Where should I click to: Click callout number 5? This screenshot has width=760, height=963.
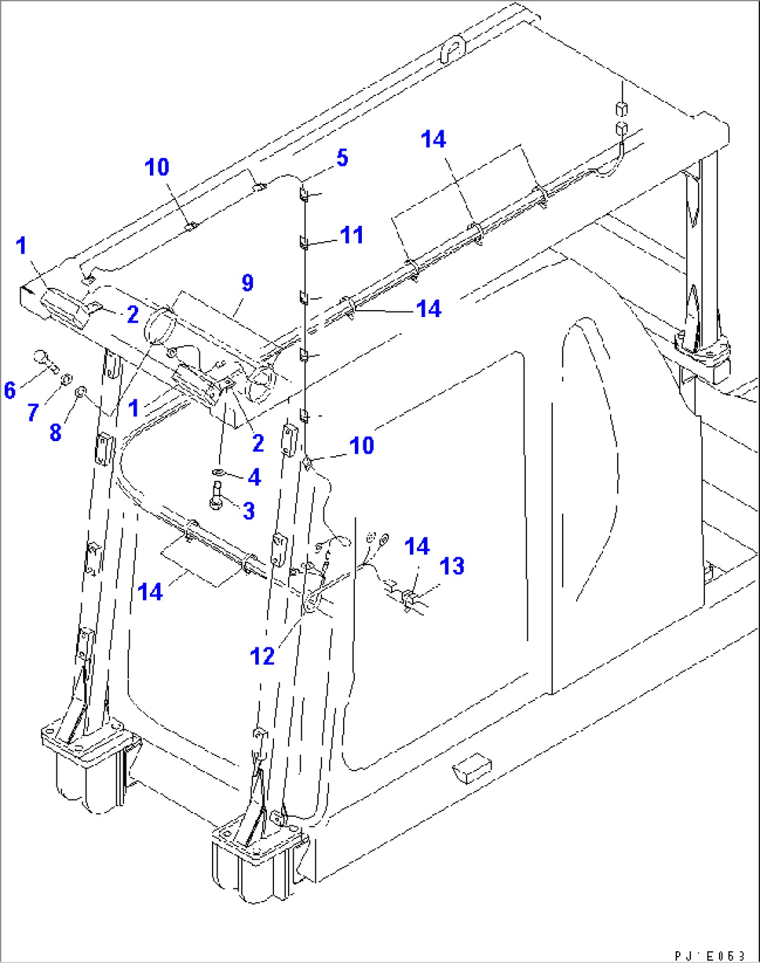click(342, 158)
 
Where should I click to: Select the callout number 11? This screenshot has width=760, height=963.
click(351, 236)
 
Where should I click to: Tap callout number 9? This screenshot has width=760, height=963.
click(248, 284)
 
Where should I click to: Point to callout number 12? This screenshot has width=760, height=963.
click(262, 656)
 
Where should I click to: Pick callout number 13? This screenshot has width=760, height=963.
click(452, 567)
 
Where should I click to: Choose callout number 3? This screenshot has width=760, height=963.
click(248, 511)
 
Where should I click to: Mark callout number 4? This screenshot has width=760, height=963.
click(254, 477)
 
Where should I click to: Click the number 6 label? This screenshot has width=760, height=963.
click(10, 390)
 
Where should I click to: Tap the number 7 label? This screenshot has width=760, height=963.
click(33, 413)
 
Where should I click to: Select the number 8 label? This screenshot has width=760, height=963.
click(56, 432)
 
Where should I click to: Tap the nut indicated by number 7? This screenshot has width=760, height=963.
click(66, 379)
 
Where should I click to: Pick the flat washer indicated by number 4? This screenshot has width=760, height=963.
click(218, 474)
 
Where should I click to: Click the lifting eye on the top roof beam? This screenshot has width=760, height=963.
click(453, 49)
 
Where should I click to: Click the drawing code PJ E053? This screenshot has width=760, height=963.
click(710, 955)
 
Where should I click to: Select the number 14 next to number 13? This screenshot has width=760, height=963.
click(417, 547)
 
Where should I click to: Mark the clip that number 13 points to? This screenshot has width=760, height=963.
click(410, 598)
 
